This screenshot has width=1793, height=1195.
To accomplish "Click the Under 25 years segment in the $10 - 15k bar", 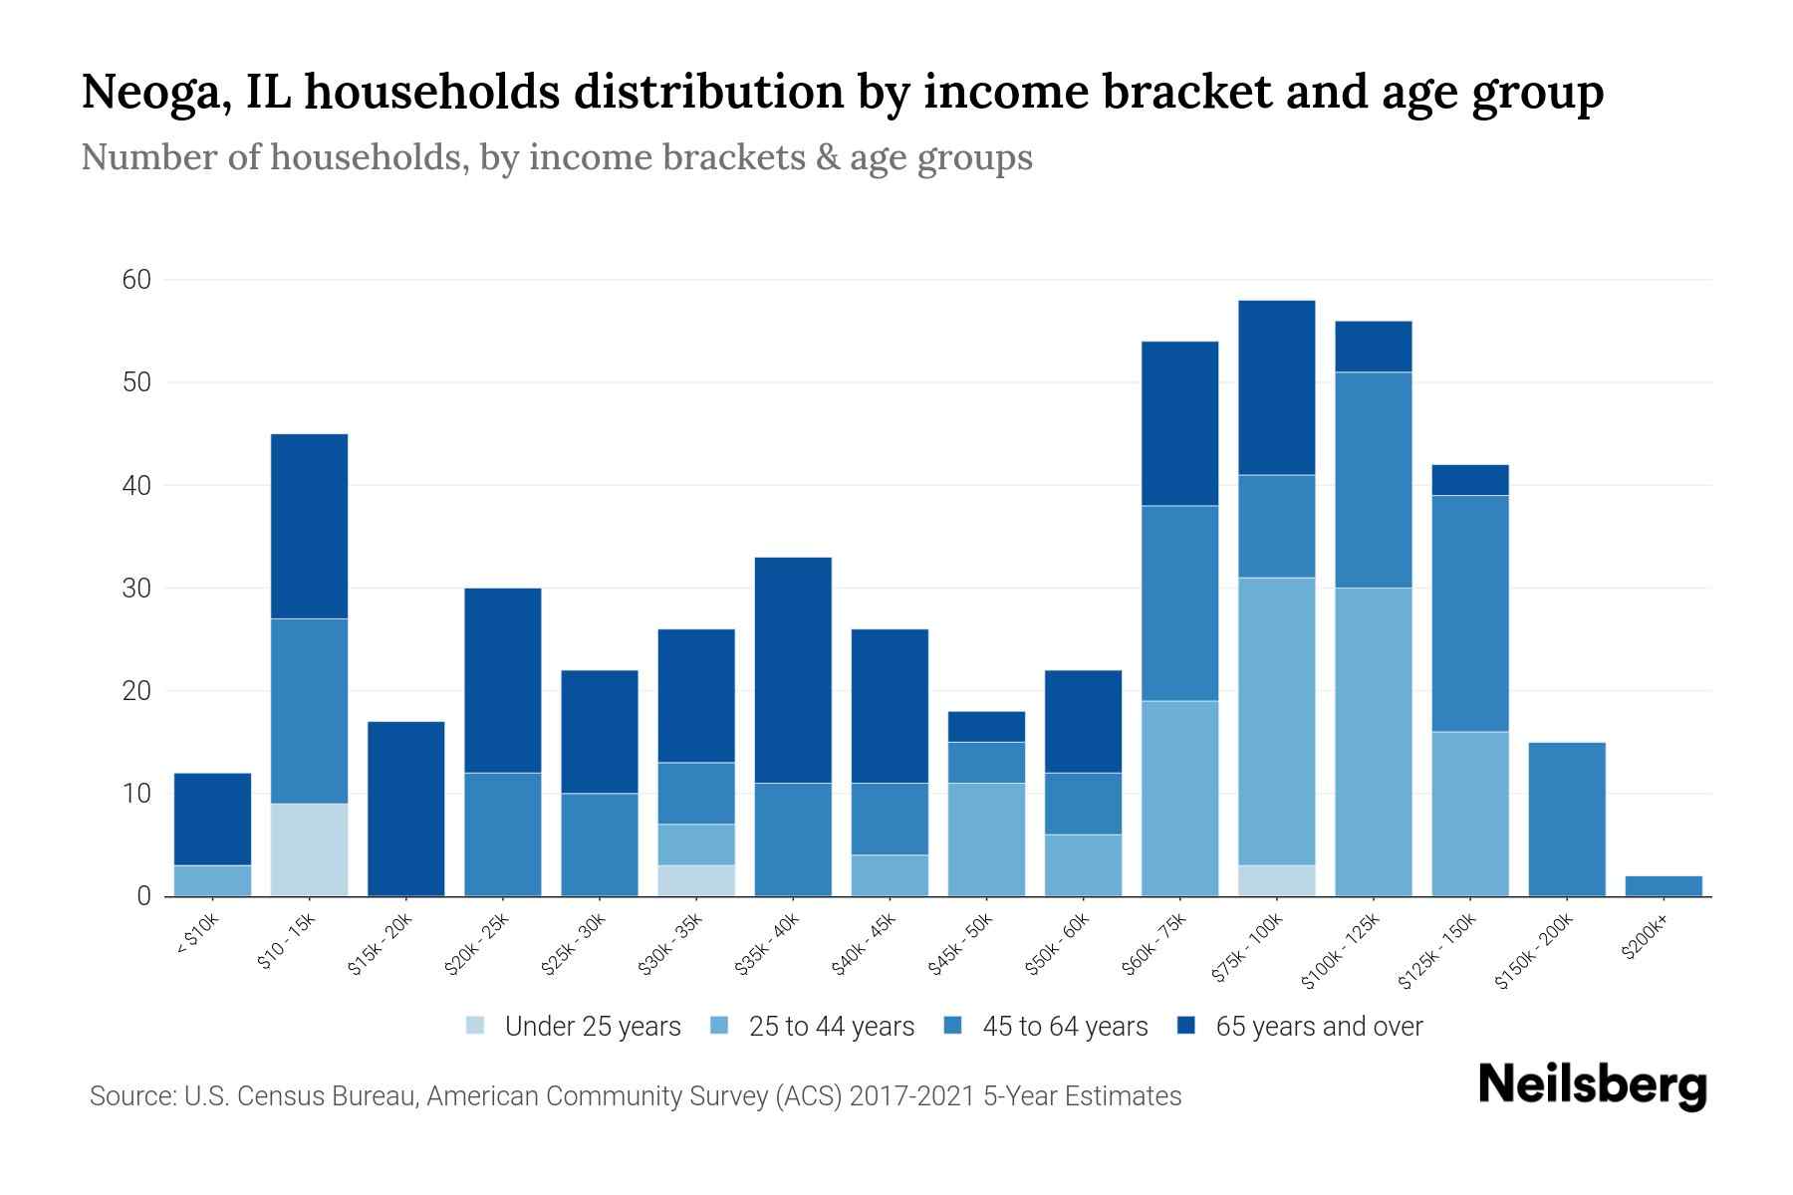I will point(309,849).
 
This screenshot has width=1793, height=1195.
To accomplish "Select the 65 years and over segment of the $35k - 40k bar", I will point(793,669).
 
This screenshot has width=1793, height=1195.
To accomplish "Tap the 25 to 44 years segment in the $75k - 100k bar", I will point(1277,721).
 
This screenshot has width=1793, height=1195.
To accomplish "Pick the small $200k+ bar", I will point(1664,885).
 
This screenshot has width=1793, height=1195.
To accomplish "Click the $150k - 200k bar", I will point(1567,819).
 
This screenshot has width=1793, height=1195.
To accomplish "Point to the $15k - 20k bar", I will point(405,809).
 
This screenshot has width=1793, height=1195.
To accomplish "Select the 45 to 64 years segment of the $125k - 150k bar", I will point(1470,612).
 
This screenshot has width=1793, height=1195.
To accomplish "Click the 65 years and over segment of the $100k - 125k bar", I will point(1374,347).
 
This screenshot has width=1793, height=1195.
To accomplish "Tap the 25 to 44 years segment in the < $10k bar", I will point(212,880).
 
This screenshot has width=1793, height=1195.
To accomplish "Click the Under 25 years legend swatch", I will point(475,1025).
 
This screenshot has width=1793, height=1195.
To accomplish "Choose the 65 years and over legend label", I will point(1319,1026).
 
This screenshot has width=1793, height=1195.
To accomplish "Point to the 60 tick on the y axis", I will point(136,280).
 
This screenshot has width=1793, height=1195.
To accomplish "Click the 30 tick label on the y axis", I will point(136,589).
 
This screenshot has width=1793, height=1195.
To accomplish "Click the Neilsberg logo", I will point(1592,1085).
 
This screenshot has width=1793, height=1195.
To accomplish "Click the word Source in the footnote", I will point(130,1096).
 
